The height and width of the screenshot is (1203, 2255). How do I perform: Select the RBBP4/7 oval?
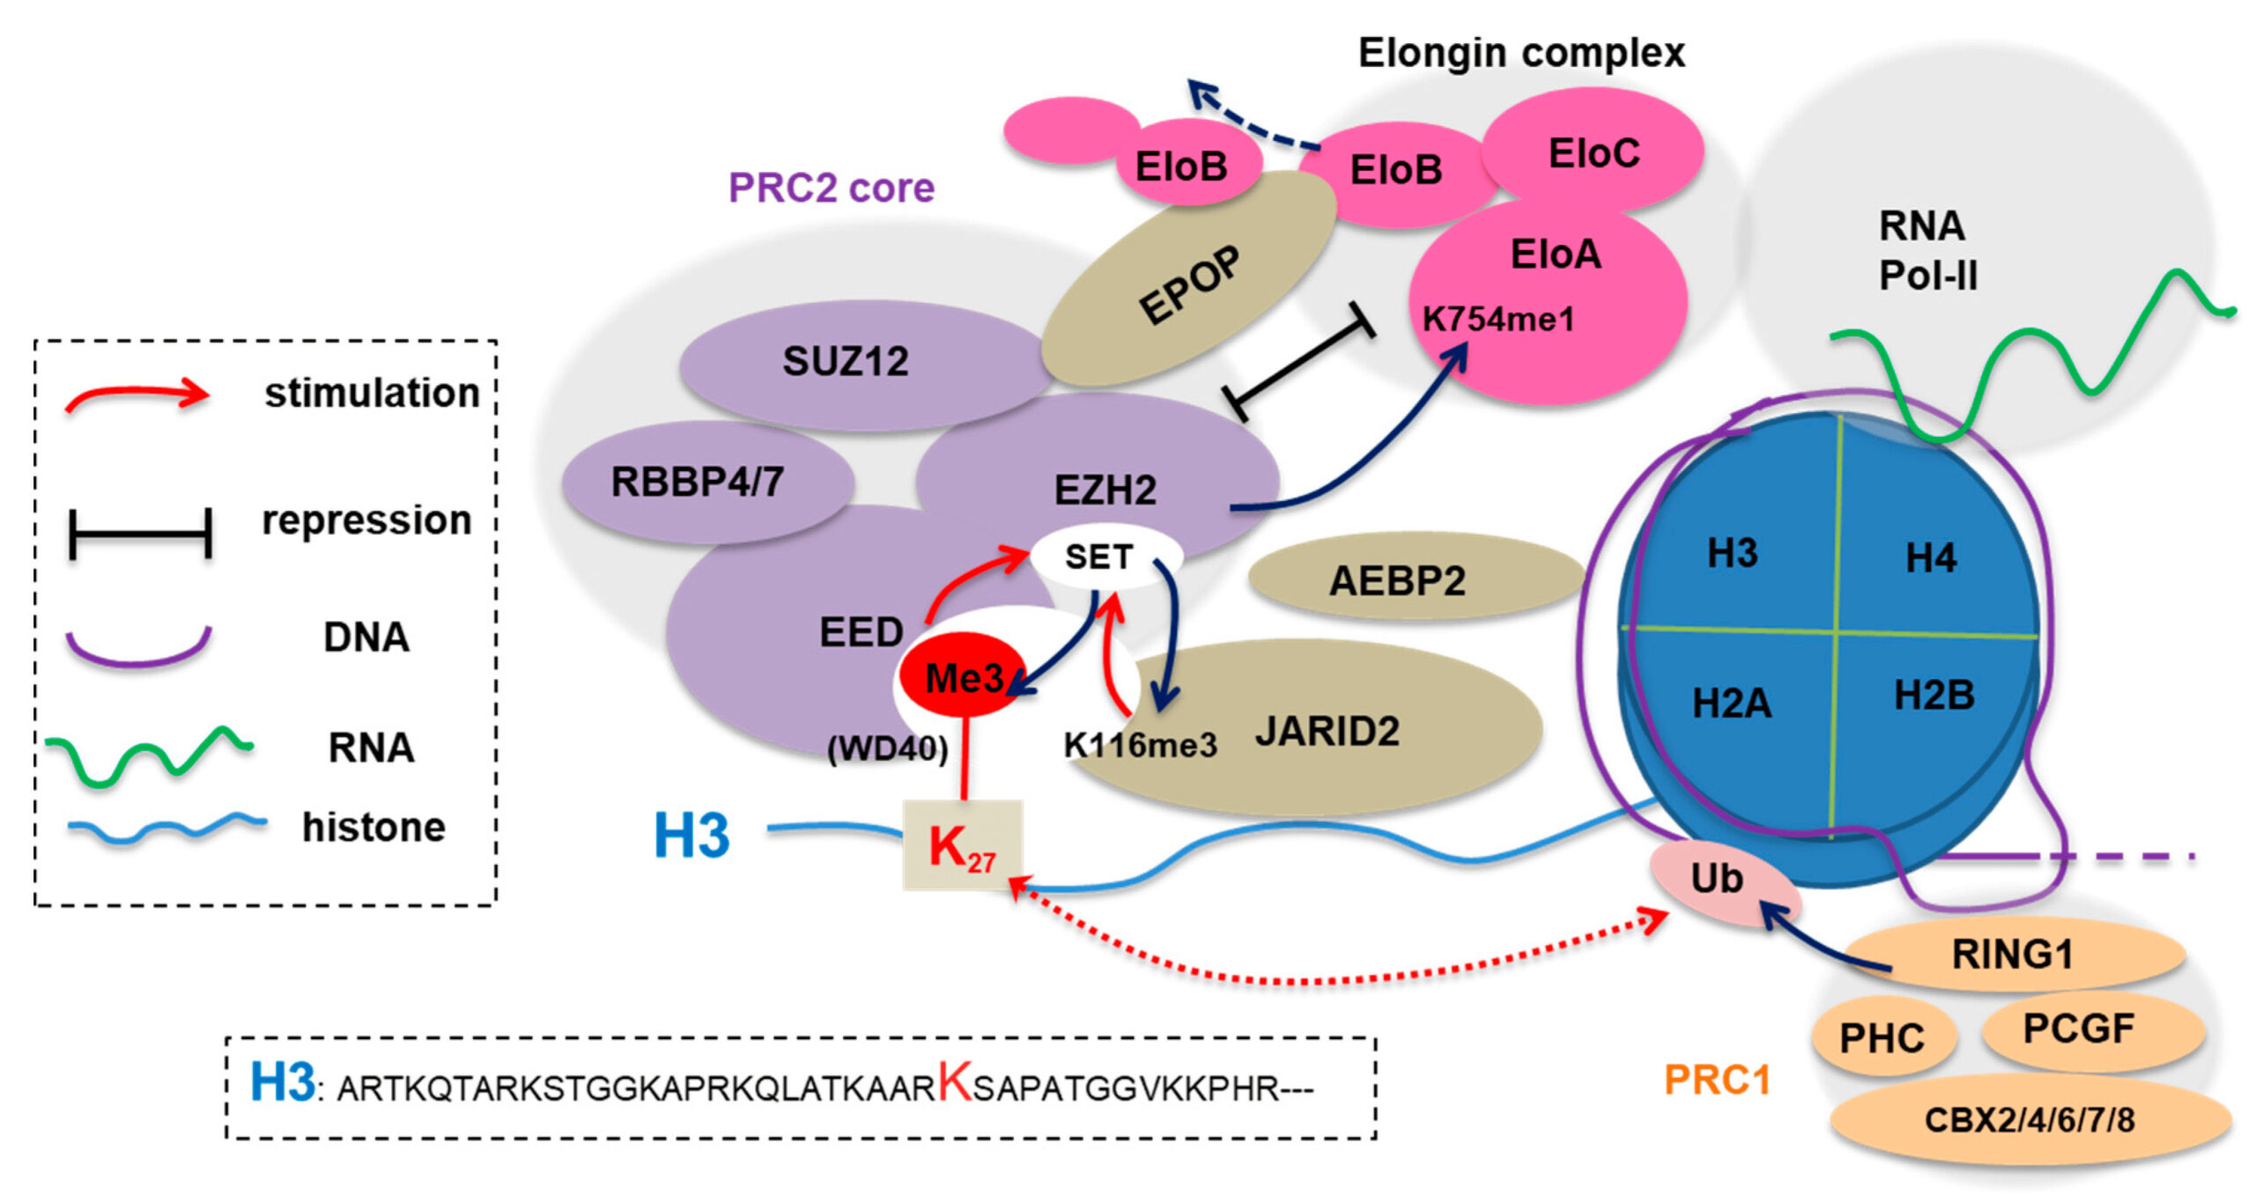698,482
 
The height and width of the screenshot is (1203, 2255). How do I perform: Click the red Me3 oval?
962,677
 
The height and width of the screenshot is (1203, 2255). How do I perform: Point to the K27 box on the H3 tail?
962,846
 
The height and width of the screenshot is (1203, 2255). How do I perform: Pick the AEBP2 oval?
1397,580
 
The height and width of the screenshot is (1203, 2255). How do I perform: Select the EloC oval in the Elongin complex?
1593,153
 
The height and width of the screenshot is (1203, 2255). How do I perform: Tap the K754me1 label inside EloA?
1498,319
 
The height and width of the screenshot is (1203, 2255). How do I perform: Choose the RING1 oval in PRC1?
2013,955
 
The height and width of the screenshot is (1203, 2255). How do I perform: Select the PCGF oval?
2079,1029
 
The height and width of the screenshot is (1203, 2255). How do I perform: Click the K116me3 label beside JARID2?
1140,746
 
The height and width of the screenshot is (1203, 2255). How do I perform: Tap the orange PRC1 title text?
1717,1080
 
